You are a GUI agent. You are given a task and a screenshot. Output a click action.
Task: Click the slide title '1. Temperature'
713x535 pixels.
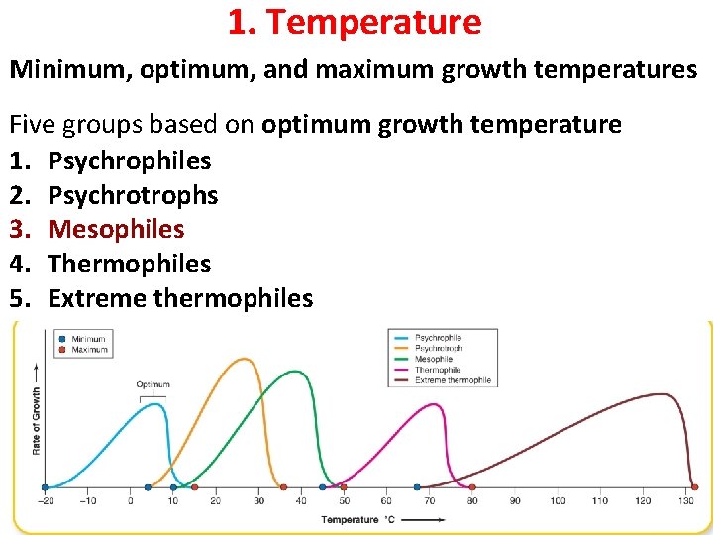coord(355,22)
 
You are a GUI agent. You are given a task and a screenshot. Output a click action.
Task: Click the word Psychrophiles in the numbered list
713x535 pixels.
coord(130,160)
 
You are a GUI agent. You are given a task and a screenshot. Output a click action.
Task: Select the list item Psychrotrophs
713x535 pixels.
coord(133,195)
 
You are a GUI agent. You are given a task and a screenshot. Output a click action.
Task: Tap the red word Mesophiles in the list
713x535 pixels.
coord(116,229)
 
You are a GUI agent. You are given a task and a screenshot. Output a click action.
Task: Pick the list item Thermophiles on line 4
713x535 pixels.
coord(130,264)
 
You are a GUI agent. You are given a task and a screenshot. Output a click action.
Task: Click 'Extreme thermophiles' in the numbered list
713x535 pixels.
coord(180,298)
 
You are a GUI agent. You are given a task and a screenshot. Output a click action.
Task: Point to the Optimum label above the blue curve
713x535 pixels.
coord(153,384)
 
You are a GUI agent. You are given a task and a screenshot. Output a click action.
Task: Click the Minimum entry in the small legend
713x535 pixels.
coord(88,339)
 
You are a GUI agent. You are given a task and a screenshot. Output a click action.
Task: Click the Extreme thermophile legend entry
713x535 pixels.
coord(453,380)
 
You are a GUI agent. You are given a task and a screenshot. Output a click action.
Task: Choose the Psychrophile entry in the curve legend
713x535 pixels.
coord(438,338)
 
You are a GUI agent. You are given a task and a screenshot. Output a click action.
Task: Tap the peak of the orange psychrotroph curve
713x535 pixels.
coord(244,359)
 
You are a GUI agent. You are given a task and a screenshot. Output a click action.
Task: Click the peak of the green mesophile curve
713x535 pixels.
coord(295,372)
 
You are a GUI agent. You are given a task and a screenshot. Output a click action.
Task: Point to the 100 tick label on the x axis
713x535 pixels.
coord(558,501)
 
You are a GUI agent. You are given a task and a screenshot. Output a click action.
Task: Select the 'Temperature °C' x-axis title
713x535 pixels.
coord(356,519)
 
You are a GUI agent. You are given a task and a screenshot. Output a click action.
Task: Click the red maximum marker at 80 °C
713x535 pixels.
coord(471,487)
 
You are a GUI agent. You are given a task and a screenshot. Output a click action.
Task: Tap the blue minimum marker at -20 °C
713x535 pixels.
coord(45,487)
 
